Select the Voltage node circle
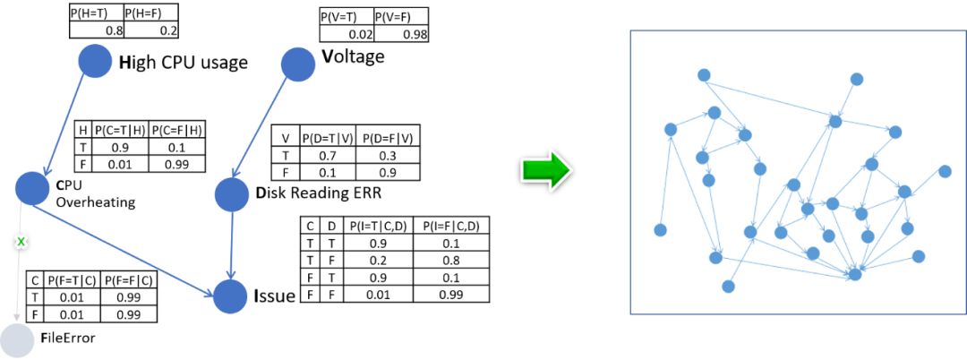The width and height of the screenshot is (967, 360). (298, 63)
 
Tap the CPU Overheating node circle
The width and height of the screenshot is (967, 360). (31, 187)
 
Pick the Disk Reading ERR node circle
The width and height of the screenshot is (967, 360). (232, 194)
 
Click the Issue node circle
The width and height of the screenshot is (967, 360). (230, 293)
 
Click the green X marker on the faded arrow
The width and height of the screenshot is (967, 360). (20, 242)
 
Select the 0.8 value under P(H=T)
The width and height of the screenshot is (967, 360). (114, 30)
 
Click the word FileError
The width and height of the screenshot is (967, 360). (68, 339)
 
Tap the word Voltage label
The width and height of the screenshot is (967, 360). (353, 57)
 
